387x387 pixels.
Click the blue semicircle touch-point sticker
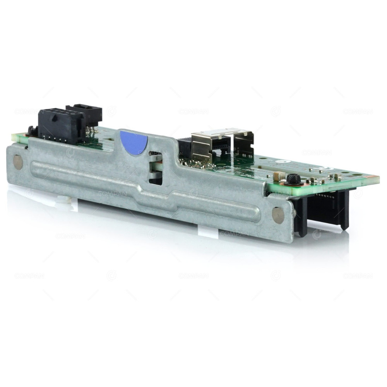134,142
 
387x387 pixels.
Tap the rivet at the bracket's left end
18,161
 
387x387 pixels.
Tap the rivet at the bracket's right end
278,216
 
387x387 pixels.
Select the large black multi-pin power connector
62,125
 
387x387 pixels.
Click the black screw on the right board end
294,179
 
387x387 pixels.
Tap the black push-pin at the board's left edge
32,131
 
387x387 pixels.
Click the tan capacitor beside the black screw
277,176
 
